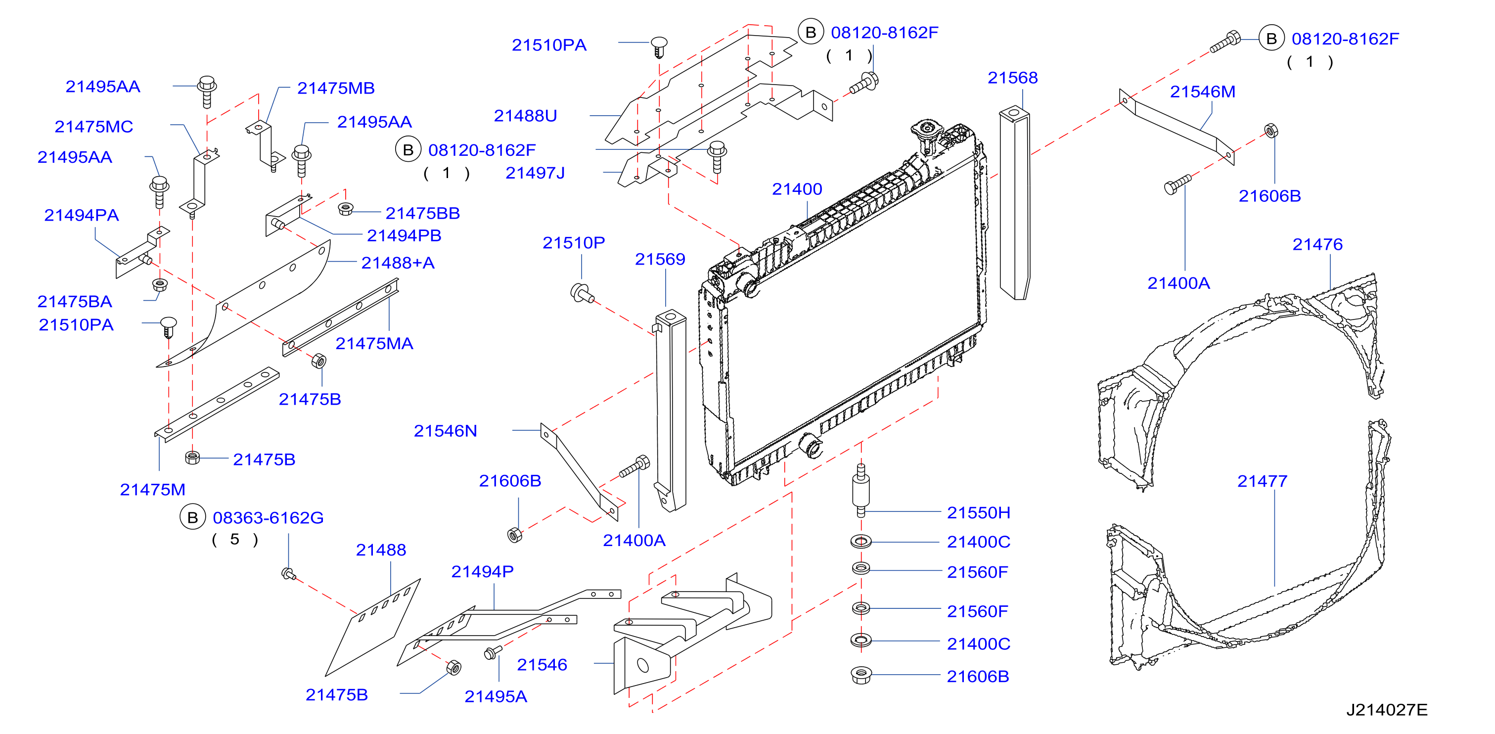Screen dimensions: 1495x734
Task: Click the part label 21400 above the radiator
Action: pyautogui.click(x=797, y=189)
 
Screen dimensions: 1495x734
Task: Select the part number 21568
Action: pyautogui.click(x=1013, y=78)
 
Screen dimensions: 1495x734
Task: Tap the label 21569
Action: pyautogui.click(x=660, y=259)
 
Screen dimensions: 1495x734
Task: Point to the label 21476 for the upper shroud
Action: pyautogui.click(x=1317, y=244)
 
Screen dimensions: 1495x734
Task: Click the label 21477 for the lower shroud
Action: pyautogui.click(x=1262, y=481)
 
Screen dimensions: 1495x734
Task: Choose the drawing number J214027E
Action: pyautogui.click(x=1387, y=710)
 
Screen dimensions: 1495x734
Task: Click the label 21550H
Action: pyautogui.click(x=979, y=513)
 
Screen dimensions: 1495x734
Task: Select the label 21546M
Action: pyautogui.click(x=1203, y=92)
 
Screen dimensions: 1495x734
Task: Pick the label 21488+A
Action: pyautogui.click(x=398, y=263)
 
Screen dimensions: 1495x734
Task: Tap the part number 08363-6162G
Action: pyautogui.click(x=268, y=517)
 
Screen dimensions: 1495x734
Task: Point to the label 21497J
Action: pyautogui.click(x=535, y=173)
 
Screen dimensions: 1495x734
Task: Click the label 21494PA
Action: pyautogui.click(x=81, y=215)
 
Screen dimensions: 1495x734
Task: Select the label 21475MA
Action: pyautogui.click(x=374, y=343)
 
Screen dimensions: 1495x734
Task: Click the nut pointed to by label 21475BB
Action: pyautogui.click(x=346, y=209)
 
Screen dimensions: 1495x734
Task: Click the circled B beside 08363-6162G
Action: pyautogui.click(x=193, y=517)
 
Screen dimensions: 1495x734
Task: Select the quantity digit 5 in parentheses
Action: pyautogui.click(x=234, y=540)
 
